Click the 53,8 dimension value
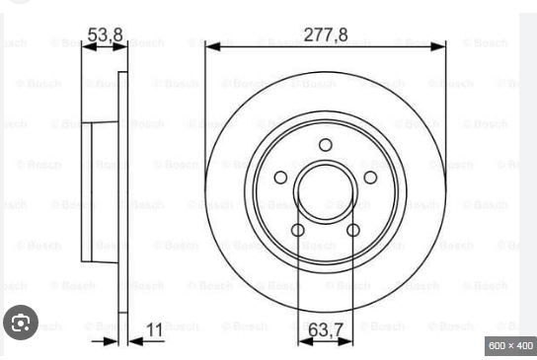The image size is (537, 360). tap(106, 35)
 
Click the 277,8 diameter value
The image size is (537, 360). tap(326, 35)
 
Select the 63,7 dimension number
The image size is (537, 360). tap(326, 329)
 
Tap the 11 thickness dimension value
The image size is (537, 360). tap(154, 329)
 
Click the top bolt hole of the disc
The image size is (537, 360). tap(326, 145)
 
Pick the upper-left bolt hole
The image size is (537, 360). tap(280, 178)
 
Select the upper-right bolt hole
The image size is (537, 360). tap(370, 178)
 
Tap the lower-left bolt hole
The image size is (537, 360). tap(298, 230)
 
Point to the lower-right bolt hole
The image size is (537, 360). tap(353, 230)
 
